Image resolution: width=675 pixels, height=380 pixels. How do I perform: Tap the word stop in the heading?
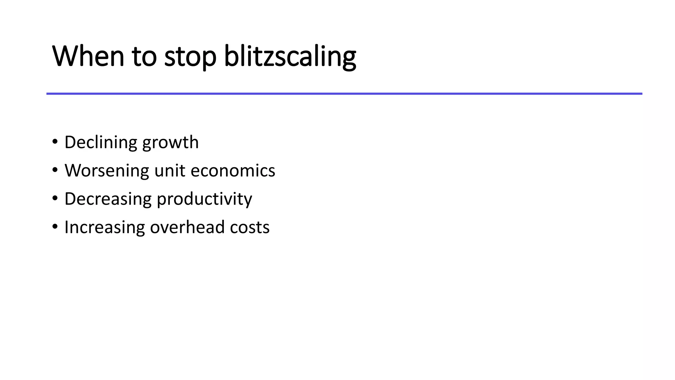[x=190, y=57]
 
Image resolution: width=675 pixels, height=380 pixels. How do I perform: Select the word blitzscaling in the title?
[x=290, y=57]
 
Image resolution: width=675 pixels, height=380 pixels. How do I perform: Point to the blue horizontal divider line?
[x=344, y=94]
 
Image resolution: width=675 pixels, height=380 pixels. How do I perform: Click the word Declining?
[x=101, y=142]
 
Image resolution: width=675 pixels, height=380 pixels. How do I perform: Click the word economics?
[x=233, y=171]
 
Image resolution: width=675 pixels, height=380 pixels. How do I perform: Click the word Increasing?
[x=104, y=228]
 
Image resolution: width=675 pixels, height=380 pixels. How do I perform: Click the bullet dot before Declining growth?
[x=55, y=142]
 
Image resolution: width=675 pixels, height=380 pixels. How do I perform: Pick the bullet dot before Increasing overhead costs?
[x=55, y=227]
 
